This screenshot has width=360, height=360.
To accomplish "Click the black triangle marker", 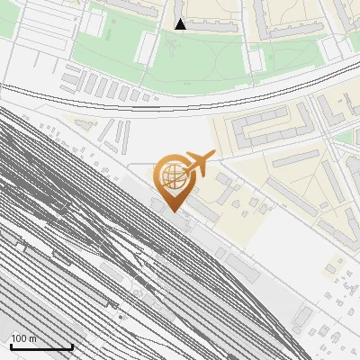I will tap(181, 24).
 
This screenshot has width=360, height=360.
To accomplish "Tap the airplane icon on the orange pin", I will tap(199, 165).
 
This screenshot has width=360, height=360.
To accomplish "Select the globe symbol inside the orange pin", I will tap(170, 175).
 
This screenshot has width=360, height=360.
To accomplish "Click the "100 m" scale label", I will tap(24, 338).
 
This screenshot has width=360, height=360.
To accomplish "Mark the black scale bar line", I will tap(41, 346).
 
